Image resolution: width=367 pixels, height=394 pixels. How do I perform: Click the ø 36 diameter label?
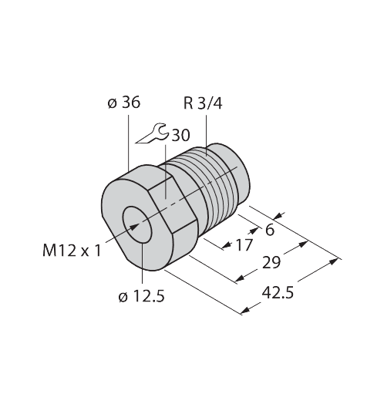pos(124,103)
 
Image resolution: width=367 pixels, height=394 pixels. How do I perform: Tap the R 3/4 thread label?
pos(203,103)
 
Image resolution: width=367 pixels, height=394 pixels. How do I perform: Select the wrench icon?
pos(153,133)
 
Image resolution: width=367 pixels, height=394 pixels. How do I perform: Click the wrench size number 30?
pos(180,135)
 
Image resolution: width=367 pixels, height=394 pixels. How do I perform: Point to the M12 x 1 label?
pos(72,251)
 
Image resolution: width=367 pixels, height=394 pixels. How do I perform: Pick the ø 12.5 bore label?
pos(141,297)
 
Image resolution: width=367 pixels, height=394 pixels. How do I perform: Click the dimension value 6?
pos(270,230)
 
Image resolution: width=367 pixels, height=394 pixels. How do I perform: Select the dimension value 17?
pos(244,244)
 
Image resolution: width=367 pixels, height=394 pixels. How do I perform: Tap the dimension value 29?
pos(271,263)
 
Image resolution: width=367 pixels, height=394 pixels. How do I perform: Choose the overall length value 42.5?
pos(278,293)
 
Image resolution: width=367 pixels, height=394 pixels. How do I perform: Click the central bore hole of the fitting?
pos(137,224)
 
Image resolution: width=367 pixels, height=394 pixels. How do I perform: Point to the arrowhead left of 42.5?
pos(245,310)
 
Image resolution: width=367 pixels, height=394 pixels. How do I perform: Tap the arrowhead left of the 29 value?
pos(240,278)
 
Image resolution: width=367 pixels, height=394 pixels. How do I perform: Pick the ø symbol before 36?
pos(113,104)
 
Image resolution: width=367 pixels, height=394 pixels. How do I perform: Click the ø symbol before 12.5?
pos(123,298)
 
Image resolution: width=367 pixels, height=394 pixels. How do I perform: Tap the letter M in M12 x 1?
pos(49,251)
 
